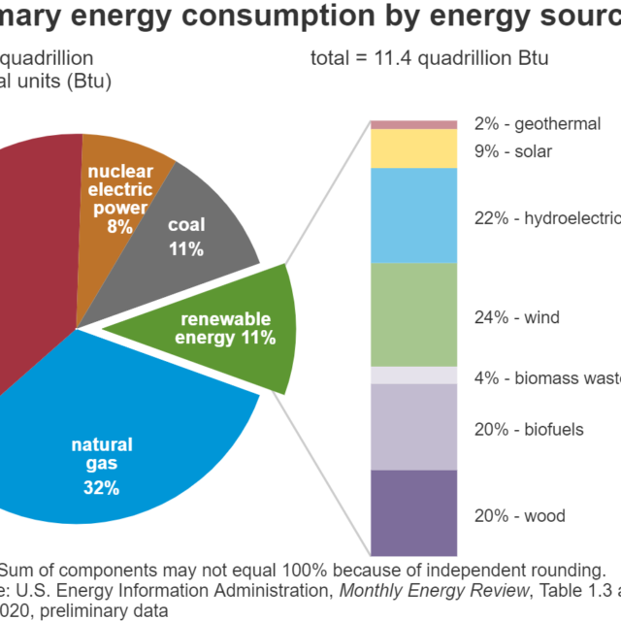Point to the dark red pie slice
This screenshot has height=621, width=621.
click(34, 262)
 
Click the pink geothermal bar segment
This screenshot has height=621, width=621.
click(414, 124)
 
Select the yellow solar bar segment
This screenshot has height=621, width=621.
click(414, 148)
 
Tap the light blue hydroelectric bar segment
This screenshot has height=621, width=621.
click(414, 215)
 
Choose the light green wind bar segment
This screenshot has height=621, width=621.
click(414, 314)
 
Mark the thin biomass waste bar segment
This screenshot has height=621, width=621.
click(414, 376)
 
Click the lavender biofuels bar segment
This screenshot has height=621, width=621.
click(414, 427)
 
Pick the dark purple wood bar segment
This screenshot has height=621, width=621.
click(414, 513)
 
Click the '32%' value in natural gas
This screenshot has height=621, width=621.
click(102, 488)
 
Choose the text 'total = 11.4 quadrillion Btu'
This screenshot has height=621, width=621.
click(430, 58)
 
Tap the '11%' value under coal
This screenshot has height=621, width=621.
click(185, 249)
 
